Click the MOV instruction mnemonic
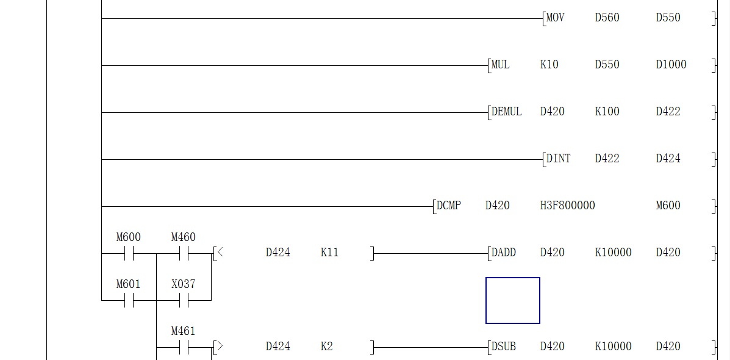click(555, 18)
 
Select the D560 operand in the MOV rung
click(607, 18)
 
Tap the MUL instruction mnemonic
click(500, 65)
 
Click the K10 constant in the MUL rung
click(549, 65)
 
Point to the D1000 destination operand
click(671, 65)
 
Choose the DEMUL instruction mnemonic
click(506, 112)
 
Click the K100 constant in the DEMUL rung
click(607, 112)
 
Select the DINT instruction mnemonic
click(558, 159)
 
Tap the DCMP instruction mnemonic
click(448, 206)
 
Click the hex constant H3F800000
click(567, 206)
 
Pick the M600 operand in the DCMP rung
click(668, 206)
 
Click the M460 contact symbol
click(183, 253)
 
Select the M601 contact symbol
click(128, 300)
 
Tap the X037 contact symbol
click(183, 300)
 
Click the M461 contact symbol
click(183, 348)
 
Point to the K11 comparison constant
click(329, 253)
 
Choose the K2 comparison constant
click(326, 347)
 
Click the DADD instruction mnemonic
click(503, 253)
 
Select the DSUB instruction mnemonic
click(503, 347)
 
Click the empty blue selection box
click(512, 300)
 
